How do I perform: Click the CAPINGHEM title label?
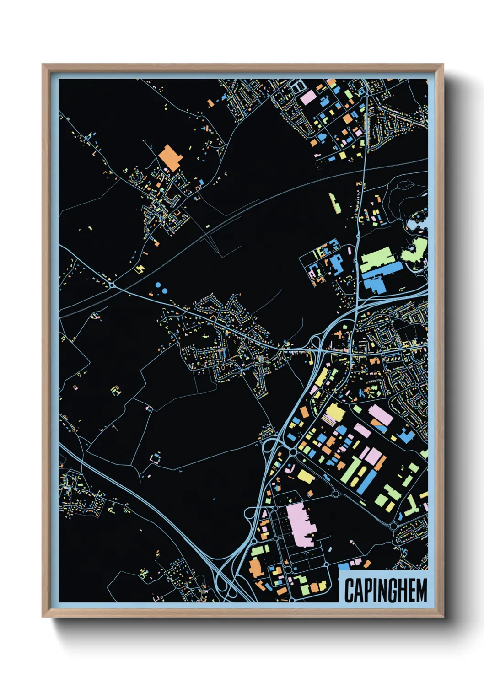(385, 590)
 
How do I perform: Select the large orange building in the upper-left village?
(170, 157)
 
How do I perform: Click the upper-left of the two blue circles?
(158, 285)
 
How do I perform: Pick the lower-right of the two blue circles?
(164, 290)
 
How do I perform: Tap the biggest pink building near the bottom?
(301, 524)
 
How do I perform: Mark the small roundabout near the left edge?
(113, 286)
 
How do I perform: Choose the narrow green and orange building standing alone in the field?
(334, 203)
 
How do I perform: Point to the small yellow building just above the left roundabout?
(140, 269)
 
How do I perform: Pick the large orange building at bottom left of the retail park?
(255, 568)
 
